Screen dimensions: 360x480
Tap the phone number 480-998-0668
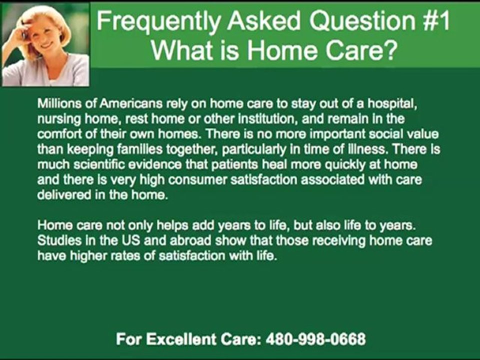pyautogui.click(x=315, y=339)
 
